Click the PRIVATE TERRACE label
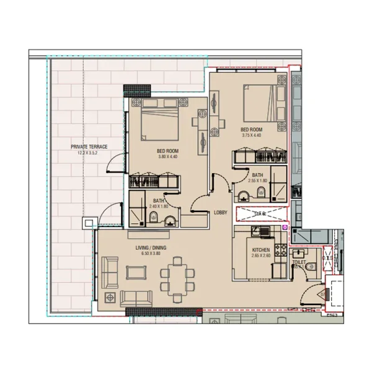[x=89, y=146]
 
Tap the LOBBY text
[x=221, y=213]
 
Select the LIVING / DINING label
[x=151, y=248]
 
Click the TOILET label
[x=300, y=262]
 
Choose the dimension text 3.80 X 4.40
[x=168, y=157]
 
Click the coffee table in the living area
[x=135, y=273]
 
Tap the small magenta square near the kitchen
[x=285, y=228]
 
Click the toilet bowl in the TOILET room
[x=314, y=265]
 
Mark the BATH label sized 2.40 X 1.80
[x=159, y=200]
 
